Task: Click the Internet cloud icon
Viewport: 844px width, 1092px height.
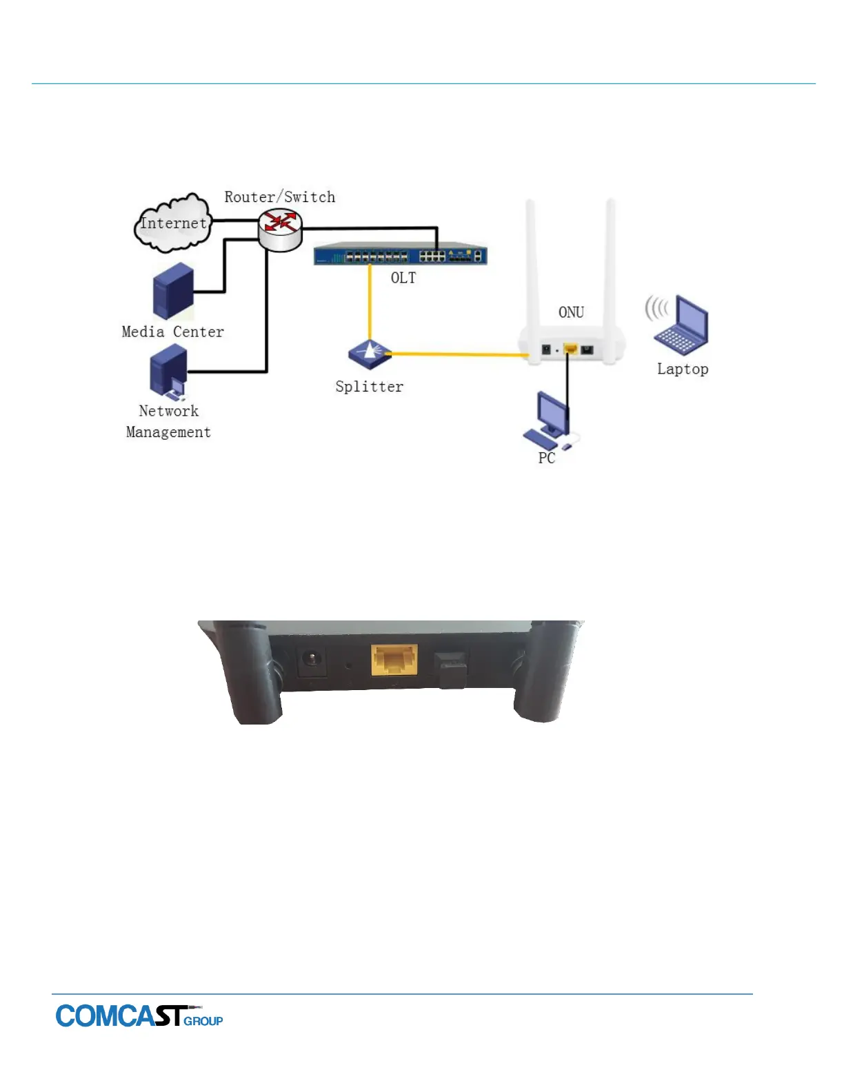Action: pyautogui.click(x=172, y=223)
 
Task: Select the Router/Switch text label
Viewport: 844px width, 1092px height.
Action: pyautogui.click(x=279, y=197)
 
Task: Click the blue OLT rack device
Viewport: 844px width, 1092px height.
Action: pyautogui.click(x=400, y=255)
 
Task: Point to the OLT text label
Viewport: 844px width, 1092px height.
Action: pyautogui.click(x=403, y=278)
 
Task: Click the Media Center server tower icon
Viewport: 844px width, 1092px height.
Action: pyautogui.click(x=172, y=291)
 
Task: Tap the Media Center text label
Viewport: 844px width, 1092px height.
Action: pyautogui.click(x=172, y=332)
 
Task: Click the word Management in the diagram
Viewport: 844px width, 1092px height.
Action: pyautogui.click(x=168, y=432)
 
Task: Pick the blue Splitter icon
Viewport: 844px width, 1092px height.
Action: pyautogui.click(x=370, y=354)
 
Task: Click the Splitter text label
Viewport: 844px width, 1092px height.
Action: pyautogui.click(x=369, y=387)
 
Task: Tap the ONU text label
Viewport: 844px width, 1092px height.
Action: pyautogui.click(x=571, y=312)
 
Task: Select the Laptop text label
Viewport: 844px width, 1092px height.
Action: pyautogui.click(x=682, y=369)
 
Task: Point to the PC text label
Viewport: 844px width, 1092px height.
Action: pyautogui.click(x=546, y=458)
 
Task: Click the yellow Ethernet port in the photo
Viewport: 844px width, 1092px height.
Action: pyautogui.click(x=394, y=660)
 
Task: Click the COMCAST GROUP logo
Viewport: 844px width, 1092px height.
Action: pyautogui.click(x=139, y=1016)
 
